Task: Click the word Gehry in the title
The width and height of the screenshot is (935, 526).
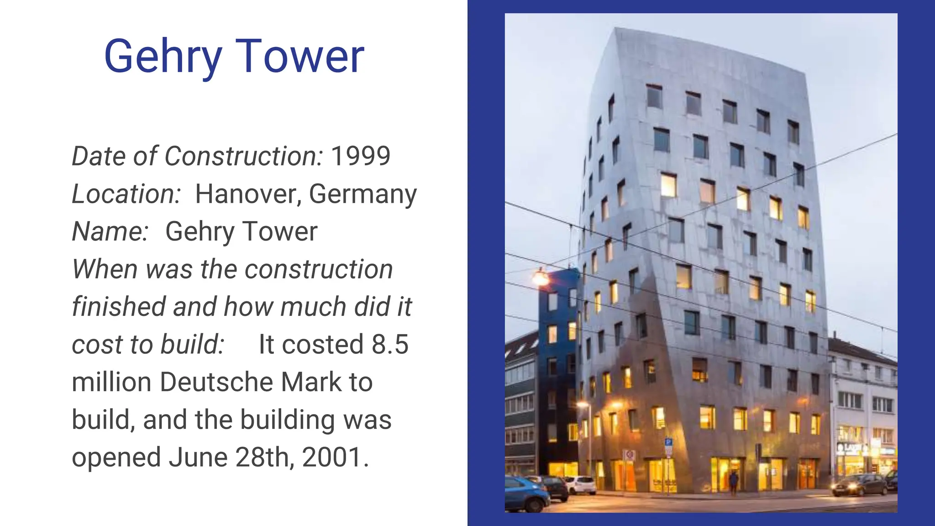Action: click(163, 57)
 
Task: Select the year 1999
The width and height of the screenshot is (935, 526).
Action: click(361, 156)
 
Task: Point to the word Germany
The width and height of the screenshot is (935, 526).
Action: click(363, 194)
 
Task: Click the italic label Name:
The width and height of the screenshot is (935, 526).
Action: click(110, 231)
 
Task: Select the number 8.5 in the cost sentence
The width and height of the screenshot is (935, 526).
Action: click(390, 344)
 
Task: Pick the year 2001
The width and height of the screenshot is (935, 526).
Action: click(332, 457)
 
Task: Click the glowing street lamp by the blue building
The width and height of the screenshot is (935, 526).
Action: click(541, 278)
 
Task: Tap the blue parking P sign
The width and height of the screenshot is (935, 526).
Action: click(668, 442)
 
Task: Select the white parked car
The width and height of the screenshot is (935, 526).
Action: click(581, 484)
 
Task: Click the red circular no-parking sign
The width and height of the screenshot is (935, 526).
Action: click(630, 455)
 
